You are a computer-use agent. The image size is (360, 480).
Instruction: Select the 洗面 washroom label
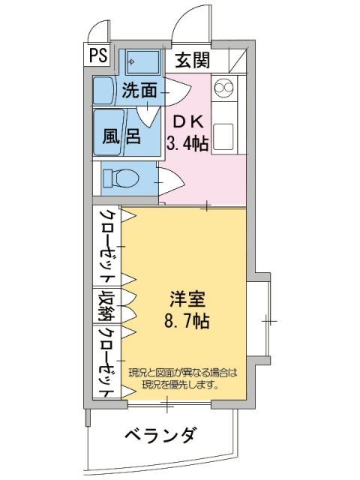click(x=139, y=91)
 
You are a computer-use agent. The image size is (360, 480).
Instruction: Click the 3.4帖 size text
click(x=187, y=144)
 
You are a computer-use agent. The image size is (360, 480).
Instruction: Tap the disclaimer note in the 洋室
click(x=182, y=379)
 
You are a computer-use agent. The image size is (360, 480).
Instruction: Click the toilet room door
click(x=169, y=181)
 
